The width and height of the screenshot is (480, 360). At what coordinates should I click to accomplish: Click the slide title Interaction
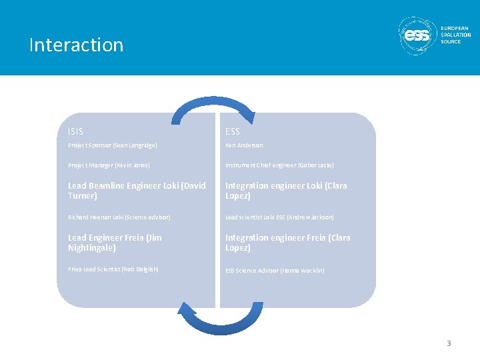(76, 45)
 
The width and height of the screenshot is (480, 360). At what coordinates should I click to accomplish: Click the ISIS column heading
(76, 131)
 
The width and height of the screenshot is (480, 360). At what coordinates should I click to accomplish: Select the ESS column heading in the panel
(233, 131)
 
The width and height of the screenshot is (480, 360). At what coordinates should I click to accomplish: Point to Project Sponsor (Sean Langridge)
(113, 145)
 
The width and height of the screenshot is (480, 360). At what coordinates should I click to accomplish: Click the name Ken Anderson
(244, 145)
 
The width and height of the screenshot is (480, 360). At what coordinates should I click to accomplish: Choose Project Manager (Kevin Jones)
(109, 165)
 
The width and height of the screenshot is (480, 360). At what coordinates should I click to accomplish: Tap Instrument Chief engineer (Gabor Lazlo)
(279, 165)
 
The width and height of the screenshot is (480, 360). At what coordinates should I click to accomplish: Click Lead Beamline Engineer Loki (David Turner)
(137, 191)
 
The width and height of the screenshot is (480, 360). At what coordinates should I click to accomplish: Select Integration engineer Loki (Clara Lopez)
(286, 191)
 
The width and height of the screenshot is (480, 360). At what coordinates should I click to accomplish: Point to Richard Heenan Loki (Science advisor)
(119, 217)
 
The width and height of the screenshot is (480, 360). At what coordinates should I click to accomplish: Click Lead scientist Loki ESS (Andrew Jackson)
(279, 217)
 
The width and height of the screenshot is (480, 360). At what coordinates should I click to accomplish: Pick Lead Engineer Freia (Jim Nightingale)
(115, 243)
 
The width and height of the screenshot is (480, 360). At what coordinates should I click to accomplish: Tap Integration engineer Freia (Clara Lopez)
(287, 243)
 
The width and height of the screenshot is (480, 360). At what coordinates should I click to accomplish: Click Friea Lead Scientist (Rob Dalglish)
(113, 269)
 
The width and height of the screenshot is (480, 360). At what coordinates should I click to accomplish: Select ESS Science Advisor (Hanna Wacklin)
(275, 270)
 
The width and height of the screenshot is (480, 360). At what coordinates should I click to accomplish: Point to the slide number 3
(449, 343)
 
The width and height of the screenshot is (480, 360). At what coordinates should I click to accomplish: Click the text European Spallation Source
(455, 35)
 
